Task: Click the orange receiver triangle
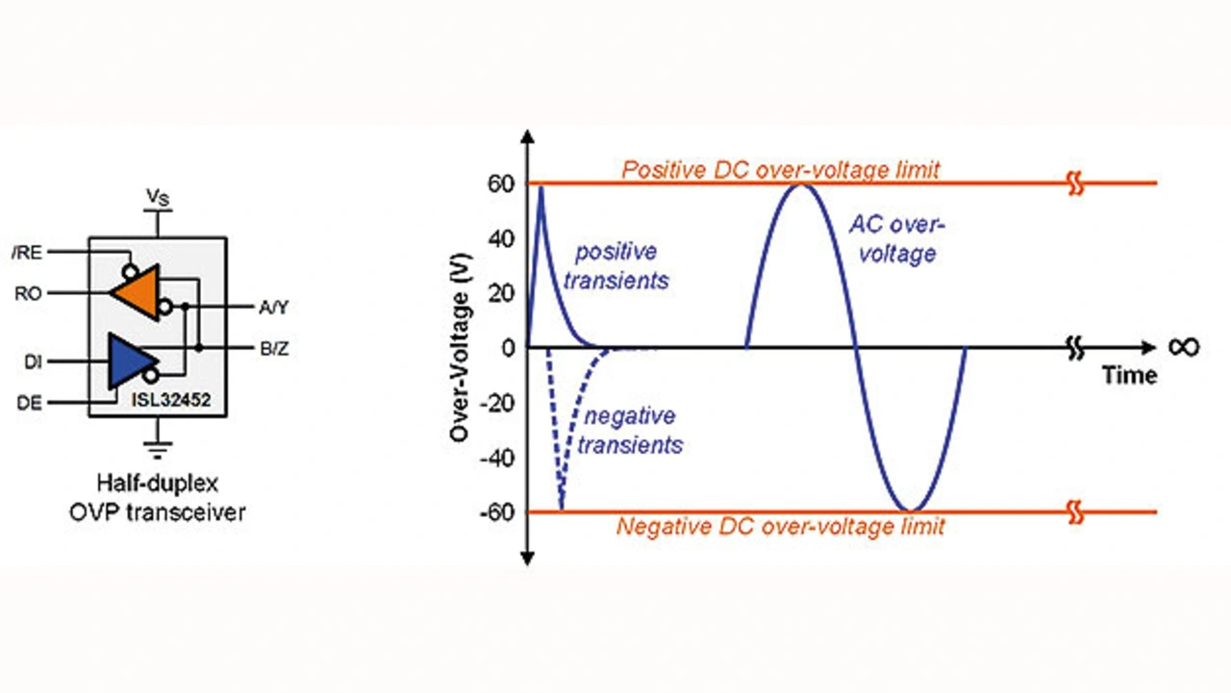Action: pos(135,293)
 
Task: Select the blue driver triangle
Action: pos(131,361)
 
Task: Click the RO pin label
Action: pos(30,293)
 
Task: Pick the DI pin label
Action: pos(31,361)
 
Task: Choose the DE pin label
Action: pos(30,404)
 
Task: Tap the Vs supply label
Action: pos(158,198)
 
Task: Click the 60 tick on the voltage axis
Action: pos(501,184)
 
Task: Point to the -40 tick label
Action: pos(496,457)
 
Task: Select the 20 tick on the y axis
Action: pos(501,293)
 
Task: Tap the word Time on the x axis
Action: pos(1129,375)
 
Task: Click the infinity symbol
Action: pos(1183,346)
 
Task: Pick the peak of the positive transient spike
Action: pos(541,187)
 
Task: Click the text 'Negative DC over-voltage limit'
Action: pos(780,527)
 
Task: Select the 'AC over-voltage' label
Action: pos(896,239)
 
